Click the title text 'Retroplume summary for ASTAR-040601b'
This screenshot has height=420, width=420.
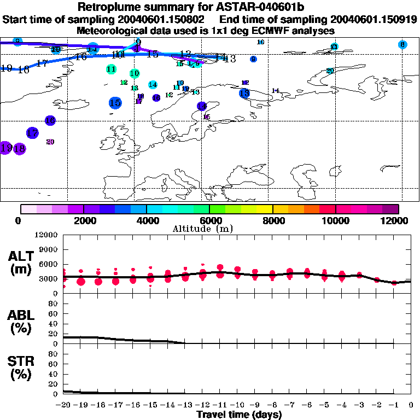211,7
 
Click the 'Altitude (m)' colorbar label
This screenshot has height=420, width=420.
210,228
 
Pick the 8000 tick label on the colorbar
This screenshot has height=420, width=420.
272,220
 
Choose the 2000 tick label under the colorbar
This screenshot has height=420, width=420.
83,220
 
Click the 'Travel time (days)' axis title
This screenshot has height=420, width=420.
239,415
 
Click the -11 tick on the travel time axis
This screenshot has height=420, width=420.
220,405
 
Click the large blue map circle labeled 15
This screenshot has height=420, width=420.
115,102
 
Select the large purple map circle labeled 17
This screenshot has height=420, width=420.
32,133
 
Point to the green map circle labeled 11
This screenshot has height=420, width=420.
111,69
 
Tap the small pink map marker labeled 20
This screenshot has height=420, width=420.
50,142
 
